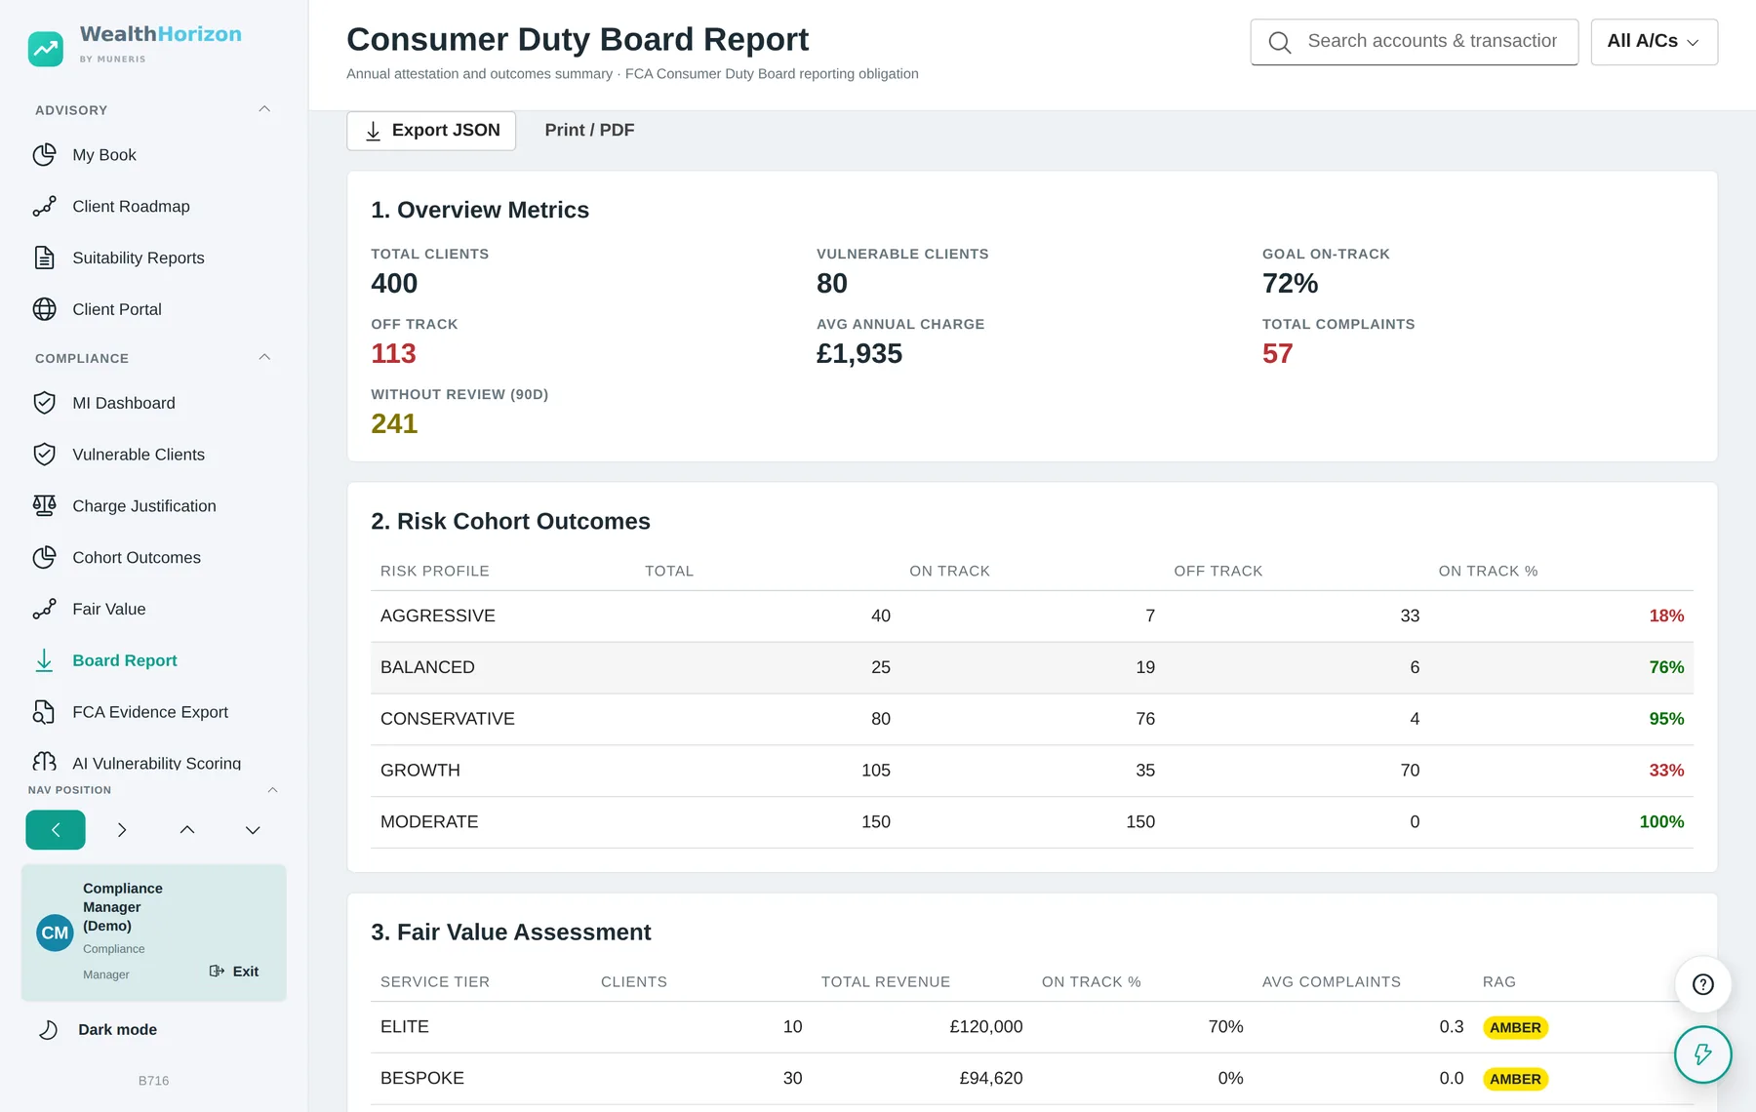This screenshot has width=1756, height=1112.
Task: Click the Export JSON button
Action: click(431, 131)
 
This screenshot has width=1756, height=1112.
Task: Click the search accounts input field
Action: click(1414, 42)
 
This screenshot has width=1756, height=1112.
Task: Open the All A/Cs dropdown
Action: click(1654, 42)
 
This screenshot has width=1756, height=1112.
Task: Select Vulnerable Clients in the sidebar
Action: click(139, 455)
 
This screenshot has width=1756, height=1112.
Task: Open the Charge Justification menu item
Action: click(144, 506)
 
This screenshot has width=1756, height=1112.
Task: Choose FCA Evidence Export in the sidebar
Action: click(150, 712)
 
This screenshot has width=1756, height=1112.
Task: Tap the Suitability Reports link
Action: click(139, 258)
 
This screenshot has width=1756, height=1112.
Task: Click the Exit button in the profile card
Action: click(234, 972)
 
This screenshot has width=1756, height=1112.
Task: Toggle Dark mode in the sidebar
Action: click(117, 1030)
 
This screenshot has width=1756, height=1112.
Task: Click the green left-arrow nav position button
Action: click(56, 830)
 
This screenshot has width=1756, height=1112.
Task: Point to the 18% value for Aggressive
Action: click(1666, 616)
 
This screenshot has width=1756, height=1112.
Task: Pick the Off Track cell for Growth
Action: click(1410, 771)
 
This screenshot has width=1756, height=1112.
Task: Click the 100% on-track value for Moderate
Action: click(1661, 822)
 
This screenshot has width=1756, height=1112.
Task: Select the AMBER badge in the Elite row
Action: click(1515, 1027)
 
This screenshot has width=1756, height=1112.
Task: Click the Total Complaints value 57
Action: click(1277, 353)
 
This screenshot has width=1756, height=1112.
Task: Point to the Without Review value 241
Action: click(394, 423)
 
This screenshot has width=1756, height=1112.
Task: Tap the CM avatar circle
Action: click(55, 933)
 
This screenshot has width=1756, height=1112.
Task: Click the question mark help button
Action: click(1702, 984)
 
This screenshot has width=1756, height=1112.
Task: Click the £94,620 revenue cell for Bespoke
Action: click(990, 1078)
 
